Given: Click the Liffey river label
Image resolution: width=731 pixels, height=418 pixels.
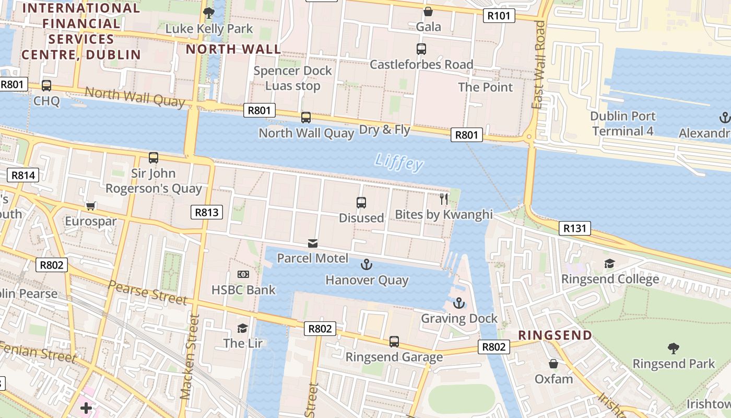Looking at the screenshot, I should tap(399, 162).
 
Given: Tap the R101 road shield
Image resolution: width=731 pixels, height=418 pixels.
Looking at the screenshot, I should tap(498, 16).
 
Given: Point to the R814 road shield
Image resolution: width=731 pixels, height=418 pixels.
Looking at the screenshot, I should tap(23, 175).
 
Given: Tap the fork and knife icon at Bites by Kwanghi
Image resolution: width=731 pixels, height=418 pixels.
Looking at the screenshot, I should tap(444, 199).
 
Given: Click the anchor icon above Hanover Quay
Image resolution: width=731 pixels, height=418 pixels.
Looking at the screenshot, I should tap(367, 265).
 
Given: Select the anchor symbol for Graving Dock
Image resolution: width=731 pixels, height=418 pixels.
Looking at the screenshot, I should tap(458, 303).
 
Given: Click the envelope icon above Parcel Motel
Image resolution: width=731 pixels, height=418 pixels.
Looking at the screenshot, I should tap(312, 243).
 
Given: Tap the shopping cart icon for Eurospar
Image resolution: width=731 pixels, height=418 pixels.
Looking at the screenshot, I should tap(91, 206).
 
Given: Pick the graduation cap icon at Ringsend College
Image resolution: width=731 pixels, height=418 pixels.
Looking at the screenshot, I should tap(609, 263).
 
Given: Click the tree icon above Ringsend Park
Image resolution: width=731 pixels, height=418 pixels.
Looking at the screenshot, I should tap(674, 347).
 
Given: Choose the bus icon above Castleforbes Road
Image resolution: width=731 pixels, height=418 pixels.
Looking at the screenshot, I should tap(421, 49).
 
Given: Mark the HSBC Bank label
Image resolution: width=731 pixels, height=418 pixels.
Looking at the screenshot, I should tap(243, 289).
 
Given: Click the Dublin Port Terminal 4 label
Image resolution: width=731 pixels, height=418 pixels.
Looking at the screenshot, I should tap(622, 123).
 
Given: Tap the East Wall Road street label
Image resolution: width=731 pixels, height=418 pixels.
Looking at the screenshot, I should tap(539, 65).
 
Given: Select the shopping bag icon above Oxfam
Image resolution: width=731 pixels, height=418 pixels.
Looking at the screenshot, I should tap(553, 363).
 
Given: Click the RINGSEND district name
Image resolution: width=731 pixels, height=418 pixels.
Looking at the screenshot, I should tap(555, 335).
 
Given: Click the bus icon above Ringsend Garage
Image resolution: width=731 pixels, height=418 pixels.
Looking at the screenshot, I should tap(394, 341).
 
